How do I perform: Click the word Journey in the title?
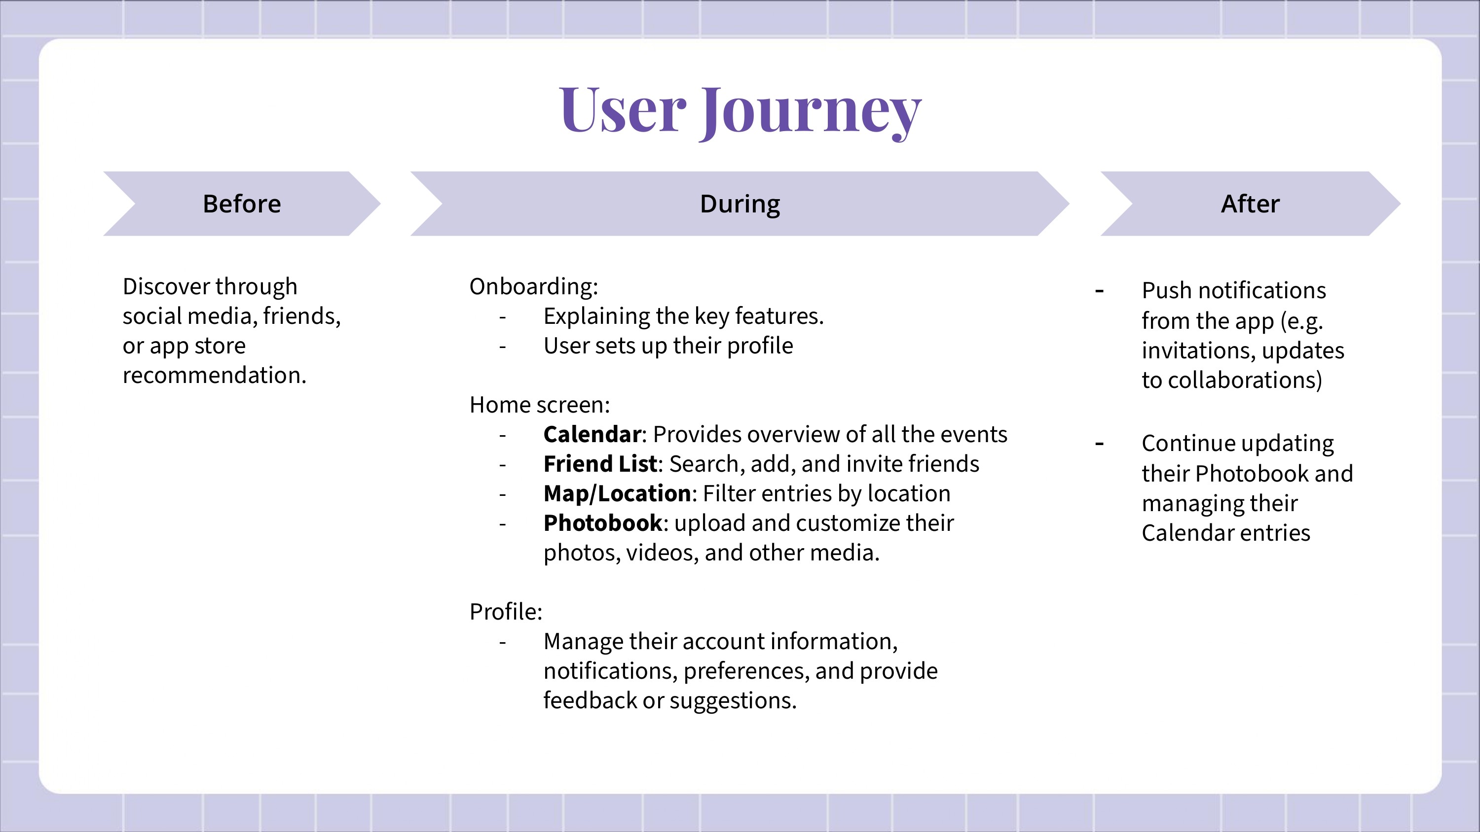[810, 112]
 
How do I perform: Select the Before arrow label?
[242, 204]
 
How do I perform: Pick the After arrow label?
[1250, 204]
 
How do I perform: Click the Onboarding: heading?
[534, 286]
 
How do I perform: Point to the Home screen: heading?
[540, 405]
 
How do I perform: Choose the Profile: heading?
[506, 612]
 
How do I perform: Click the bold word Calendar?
[592, 435]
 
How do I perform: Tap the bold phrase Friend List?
[600, 464]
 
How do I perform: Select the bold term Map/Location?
[617, 494]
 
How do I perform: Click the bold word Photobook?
[603, 523]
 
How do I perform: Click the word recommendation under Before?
[214, 376]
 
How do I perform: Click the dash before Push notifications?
[1100, 291]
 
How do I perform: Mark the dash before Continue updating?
[1100, 444]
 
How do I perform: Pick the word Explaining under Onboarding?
[596, 317]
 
